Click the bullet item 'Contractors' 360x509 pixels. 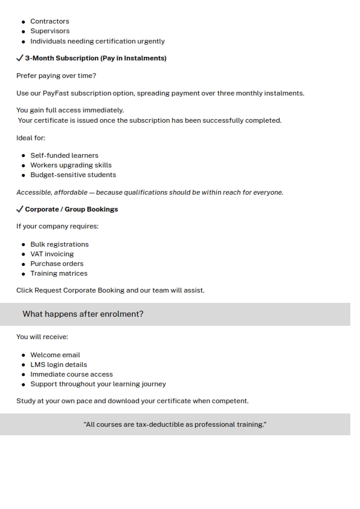(50, 21)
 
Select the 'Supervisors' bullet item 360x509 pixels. (50, 31)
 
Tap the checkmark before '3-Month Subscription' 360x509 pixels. (20, 58)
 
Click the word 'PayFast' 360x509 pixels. (56, 93)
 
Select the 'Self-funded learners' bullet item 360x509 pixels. (64, 155)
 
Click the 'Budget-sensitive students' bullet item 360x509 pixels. (73, 175)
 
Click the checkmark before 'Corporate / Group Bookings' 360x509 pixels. (20, 209)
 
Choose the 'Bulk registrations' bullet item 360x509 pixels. (59, 244)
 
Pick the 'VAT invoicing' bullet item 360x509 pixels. (52, 254)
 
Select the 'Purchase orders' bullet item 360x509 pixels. (57, 264)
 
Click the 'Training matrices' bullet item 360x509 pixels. (59, 273)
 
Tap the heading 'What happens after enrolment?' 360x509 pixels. (83, 314)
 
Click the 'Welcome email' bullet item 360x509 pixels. (55, 355)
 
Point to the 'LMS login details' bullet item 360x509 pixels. (59, 365)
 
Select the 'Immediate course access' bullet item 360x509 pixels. (71, 374)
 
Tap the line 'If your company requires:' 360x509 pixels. (57, 226)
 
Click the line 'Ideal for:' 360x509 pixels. (31, 138)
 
